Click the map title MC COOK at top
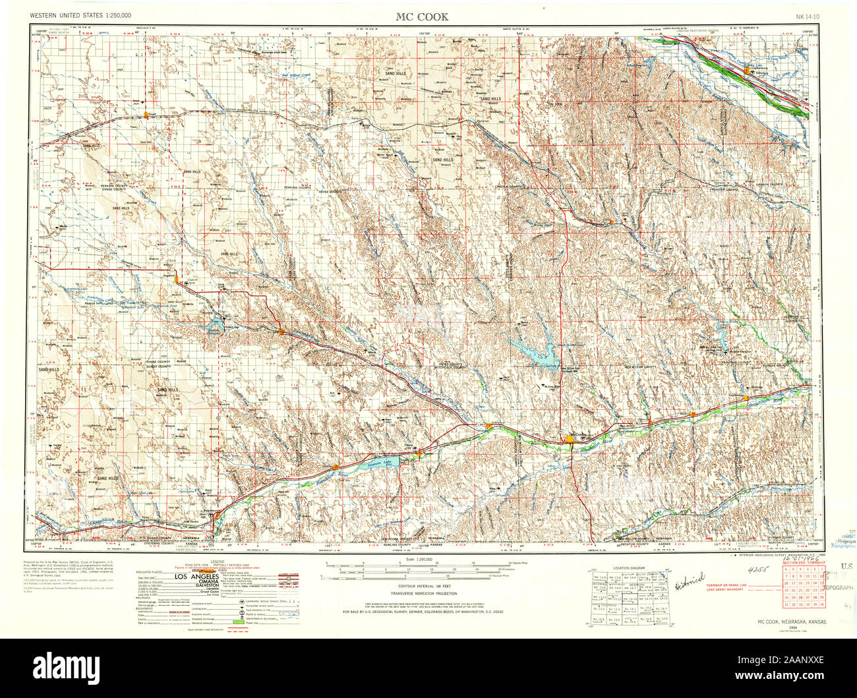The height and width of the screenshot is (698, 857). [422, 16]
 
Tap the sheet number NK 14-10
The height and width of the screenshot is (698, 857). [809, 16]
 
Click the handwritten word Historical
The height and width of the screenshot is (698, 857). [690, 581]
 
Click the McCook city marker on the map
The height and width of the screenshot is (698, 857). [571, 437]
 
